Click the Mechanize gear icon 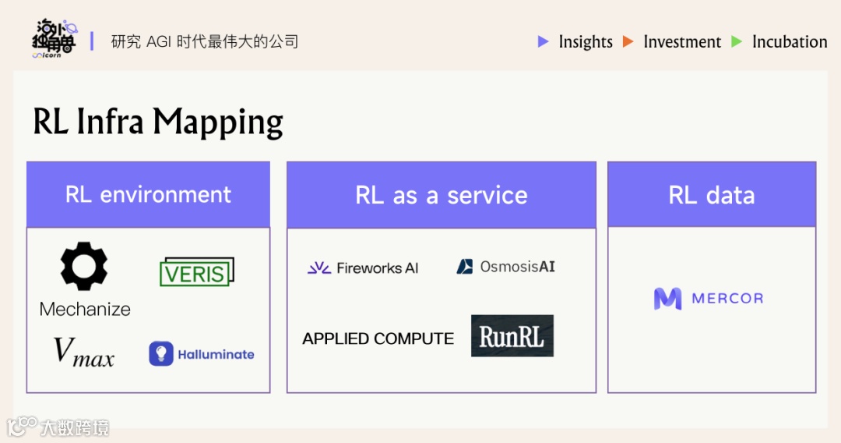tap(84, 267)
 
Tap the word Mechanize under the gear tap(85, 309)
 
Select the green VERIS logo tap(196, 272)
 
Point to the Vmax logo tap(83, 353)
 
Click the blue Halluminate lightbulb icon tap(160, 354)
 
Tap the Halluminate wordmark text tap(216, 354)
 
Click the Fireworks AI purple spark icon tap(318, 268)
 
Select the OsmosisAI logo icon tap(465, 267)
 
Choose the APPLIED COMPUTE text tap(378, 338)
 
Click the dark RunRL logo tap(512, 336)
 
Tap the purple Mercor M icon tap(667, 299)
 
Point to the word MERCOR tap(728, 299)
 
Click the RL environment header tap(148, 194)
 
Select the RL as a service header tap(441, 195)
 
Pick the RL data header tap(712, 195)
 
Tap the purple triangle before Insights tap(544, 42)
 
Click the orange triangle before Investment tap(628, 42)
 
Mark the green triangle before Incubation tap(737, 42)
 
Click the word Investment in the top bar tap(682, 42)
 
